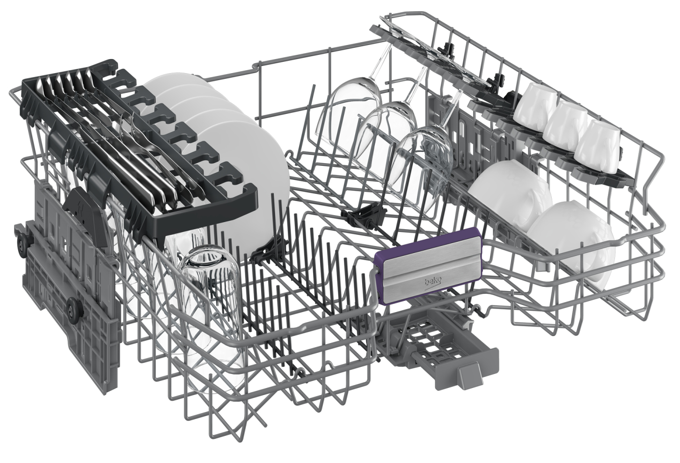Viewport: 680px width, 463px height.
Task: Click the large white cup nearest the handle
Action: [510, 193]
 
